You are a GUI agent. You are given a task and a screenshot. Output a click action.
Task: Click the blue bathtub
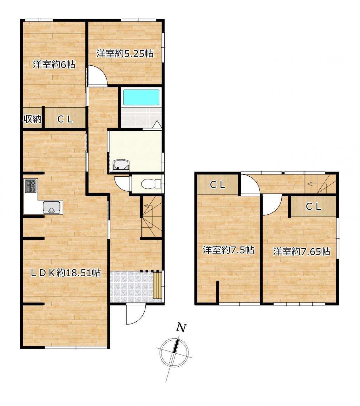point(141,97)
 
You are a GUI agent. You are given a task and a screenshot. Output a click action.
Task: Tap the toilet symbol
point(151,184)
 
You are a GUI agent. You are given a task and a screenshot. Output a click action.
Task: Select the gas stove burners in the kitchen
point(30,186)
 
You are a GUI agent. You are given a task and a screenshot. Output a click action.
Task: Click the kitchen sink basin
point(51,207)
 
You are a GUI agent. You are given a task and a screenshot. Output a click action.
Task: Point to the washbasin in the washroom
point(121,165)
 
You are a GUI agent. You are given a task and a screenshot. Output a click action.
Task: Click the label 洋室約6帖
point(54,64)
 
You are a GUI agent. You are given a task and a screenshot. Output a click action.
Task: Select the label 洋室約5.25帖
point(125,54)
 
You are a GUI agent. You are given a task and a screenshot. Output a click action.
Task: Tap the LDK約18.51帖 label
point(66,272)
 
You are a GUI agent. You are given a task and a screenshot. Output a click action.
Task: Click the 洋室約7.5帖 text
point(228,250)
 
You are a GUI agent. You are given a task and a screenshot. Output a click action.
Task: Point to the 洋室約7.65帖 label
point(301,252)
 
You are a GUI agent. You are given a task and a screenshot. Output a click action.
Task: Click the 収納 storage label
point(32,119)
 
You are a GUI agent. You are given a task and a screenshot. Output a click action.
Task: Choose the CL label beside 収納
point(65,120)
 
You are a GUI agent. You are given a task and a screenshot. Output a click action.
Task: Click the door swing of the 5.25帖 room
point(98,75)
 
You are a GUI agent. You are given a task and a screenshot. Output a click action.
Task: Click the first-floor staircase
point(152,217)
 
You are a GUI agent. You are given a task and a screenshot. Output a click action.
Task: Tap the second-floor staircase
point(320,184)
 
